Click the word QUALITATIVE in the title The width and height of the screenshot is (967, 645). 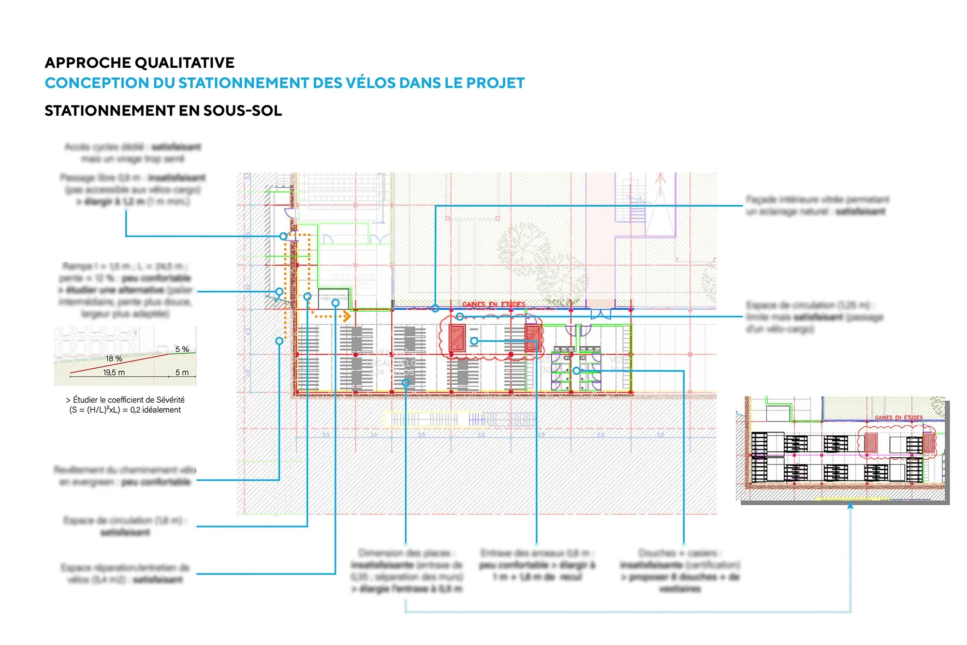click(184, 63)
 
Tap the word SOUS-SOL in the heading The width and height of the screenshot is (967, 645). click(242, 111)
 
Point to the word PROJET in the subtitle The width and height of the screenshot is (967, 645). click(495, 83)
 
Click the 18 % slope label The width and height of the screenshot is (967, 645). click(114, 359)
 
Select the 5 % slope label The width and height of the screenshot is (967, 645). click(182, 349)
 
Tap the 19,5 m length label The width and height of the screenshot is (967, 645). click(114, 373)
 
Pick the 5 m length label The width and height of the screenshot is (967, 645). click(182, 373)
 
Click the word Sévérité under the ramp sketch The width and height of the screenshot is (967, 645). click(167, 400)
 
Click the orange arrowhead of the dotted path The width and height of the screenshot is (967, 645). click(347, 316)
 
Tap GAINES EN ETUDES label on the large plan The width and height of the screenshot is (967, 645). click(494, 304)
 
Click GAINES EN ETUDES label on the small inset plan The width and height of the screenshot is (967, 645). click(898, 418)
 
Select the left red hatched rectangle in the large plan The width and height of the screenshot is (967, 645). click(457, 337)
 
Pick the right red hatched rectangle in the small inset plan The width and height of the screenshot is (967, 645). click(928, 443)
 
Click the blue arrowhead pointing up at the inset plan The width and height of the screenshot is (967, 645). click(850, 506)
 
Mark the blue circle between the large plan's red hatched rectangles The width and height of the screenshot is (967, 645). click(474, 341)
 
